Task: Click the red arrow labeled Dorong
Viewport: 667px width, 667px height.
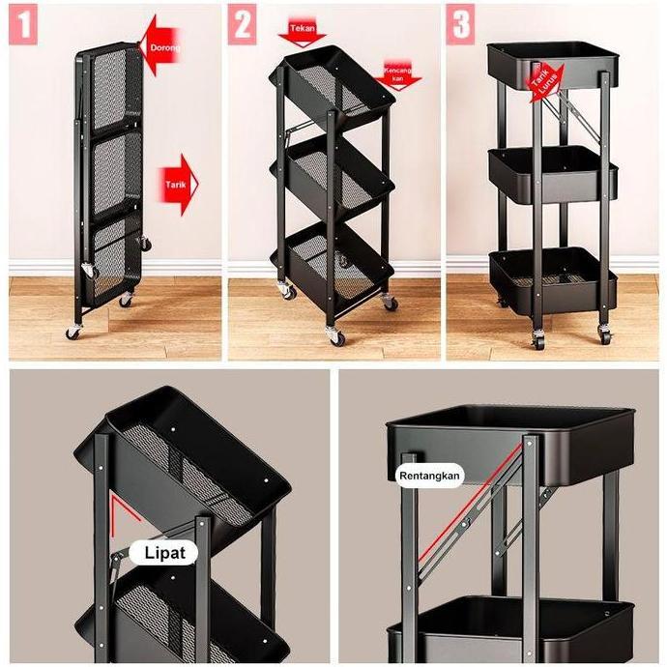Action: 161,44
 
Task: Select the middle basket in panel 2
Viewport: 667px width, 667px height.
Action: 338,174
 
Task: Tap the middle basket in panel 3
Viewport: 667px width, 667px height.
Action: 551,172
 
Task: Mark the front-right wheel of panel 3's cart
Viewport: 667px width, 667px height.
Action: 605,335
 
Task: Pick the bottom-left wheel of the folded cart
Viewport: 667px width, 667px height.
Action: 74,332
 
